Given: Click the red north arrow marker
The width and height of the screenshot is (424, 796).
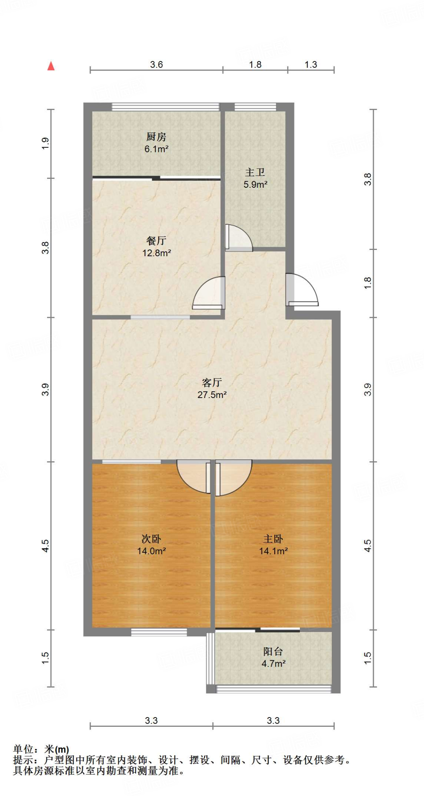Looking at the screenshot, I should tap(51, 66).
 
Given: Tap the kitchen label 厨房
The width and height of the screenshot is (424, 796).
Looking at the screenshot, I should tap(156, 137).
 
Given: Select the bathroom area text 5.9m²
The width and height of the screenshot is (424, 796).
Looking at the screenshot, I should tap(255, 185).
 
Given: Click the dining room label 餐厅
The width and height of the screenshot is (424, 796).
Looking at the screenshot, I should tap(156, 241).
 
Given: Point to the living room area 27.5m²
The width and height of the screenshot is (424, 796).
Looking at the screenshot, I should tap(212, 395).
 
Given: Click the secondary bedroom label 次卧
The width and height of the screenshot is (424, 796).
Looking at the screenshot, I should tap(151, 539).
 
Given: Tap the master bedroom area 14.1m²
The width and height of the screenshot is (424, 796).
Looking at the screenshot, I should tap(273, 551).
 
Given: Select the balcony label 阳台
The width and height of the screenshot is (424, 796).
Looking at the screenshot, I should tap(273, 651).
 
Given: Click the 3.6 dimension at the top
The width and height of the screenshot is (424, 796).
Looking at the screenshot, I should tap(156, 65).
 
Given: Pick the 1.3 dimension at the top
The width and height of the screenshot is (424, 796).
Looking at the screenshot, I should tap(311, 65).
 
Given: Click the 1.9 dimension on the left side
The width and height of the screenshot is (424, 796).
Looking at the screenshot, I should tap(46, 143).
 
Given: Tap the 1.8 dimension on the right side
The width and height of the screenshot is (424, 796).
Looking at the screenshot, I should tap(368, 283).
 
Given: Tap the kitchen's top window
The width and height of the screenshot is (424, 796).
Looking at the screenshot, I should tap(166, 106).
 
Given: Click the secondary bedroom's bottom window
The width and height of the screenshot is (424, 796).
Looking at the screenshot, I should tap(159, 632).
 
